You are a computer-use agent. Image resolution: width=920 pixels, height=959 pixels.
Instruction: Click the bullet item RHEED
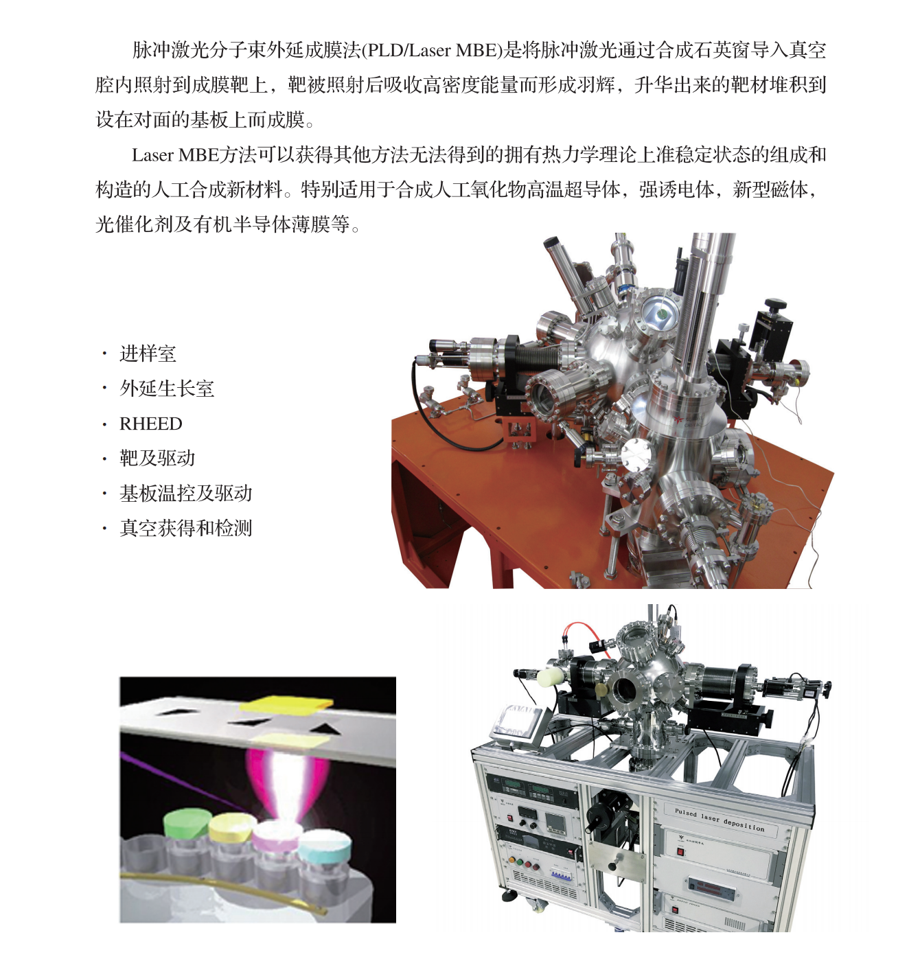pos(151,424)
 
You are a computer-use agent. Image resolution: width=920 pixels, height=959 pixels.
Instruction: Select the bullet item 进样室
pos(148,354)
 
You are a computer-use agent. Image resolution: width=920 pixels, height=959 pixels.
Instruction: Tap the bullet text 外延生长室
pos(167,389)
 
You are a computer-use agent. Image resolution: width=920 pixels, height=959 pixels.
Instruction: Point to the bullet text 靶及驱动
pos(157,459)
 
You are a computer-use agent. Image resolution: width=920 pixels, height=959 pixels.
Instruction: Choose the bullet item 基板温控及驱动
pos(186,494)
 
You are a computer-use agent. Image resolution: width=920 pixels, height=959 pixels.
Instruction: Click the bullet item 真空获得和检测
pos(186,529)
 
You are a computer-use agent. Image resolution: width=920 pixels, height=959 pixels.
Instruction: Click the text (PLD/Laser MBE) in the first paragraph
pos(432,51)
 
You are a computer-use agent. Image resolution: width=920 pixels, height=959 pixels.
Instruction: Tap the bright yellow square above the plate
pos(286,704)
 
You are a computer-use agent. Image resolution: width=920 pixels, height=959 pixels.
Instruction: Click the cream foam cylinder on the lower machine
pos(551,678)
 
